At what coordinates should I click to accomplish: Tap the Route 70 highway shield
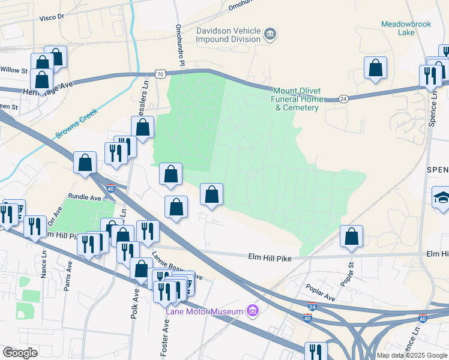tap(159, 74)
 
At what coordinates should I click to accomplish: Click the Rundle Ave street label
tap(85, 197)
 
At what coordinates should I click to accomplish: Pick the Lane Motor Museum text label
tap(205, 311)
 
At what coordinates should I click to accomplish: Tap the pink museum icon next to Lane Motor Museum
tap(253, 311)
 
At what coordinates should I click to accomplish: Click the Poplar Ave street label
tap(320, 292)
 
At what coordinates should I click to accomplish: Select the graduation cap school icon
tap(441, 199)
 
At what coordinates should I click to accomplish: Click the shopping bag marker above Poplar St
tap(351, 236)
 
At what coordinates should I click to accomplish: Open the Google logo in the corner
tap(20, 353)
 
